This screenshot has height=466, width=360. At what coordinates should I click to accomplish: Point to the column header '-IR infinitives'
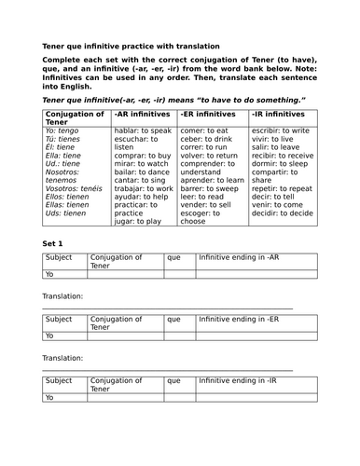(x=283, y=113)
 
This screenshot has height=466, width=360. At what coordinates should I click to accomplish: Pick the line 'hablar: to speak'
(x=141, y=131)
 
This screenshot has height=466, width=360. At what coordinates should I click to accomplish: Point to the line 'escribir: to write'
(x=284, y=131)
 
